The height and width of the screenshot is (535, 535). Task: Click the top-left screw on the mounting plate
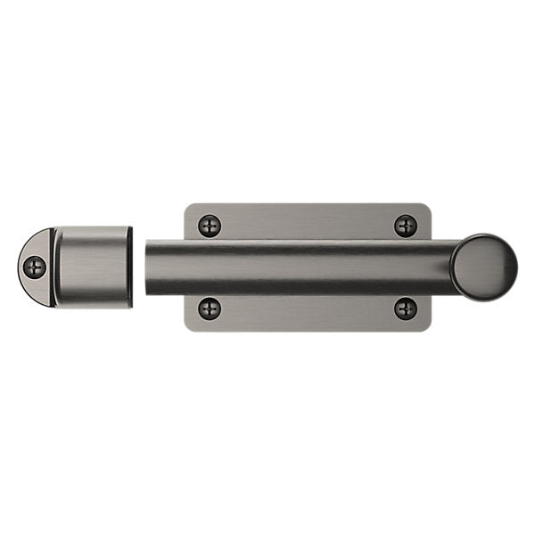pos(209,225)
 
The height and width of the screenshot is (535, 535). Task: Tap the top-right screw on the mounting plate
pos(406,225)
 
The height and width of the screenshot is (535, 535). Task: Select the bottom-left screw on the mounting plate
pos(209,309)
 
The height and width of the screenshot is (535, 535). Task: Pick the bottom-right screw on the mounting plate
pos(406,309)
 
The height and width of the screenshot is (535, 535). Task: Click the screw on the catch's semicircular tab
pos(35,266)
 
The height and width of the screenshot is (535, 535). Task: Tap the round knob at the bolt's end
pos(484,266)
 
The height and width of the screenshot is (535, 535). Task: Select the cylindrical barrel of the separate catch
pos(91,267)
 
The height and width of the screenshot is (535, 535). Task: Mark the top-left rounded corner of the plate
pos(188,208)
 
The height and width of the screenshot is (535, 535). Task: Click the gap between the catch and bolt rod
pos(139,267)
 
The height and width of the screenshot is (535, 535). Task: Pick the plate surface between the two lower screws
pos(308,310)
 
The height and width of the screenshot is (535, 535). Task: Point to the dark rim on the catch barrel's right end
pos(130,267)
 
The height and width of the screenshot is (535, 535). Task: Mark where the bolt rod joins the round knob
pos(452,267)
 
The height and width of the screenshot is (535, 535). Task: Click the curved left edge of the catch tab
pos(21,267)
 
